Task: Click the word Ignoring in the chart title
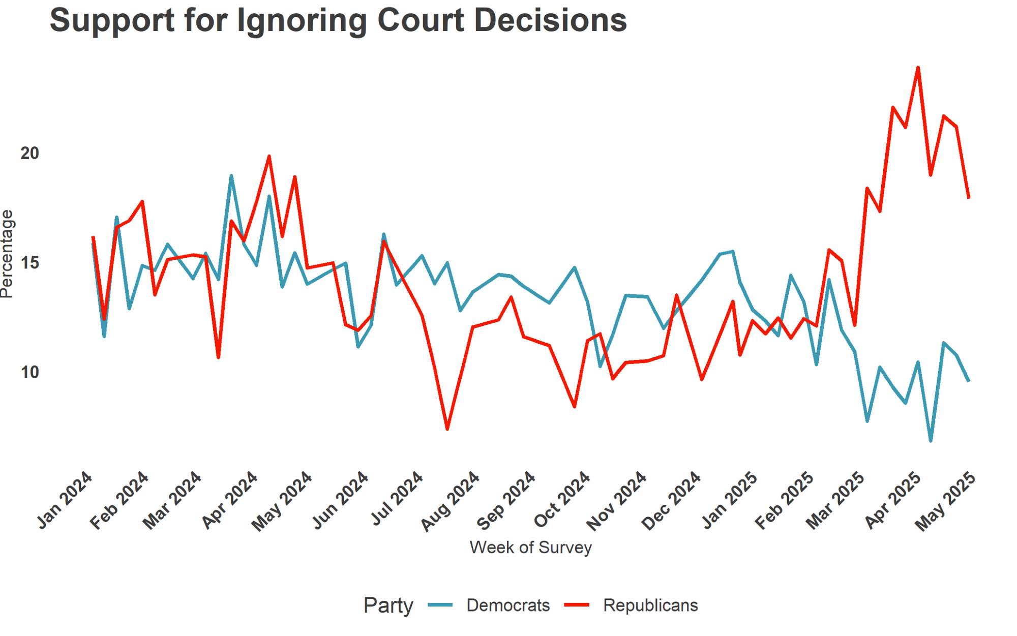click(302, 21)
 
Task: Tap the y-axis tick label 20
click(29, 153)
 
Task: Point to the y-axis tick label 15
click(29, 263)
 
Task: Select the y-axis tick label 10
click(29, 373)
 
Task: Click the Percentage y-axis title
click(7, 254)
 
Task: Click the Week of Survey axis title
click(530, 548)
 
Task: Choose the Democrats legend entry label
click(508, 605)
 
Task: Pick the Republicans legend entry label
click(650, 605)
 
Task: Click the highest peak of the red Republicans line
click(918, 68)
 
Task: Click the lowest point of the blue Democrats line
click(931, 441)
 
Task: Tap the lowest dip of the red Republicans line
click(447, 429)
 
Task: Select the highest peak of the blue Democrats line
click(231, 176)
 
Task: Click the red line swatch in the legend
click(577, 605)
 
